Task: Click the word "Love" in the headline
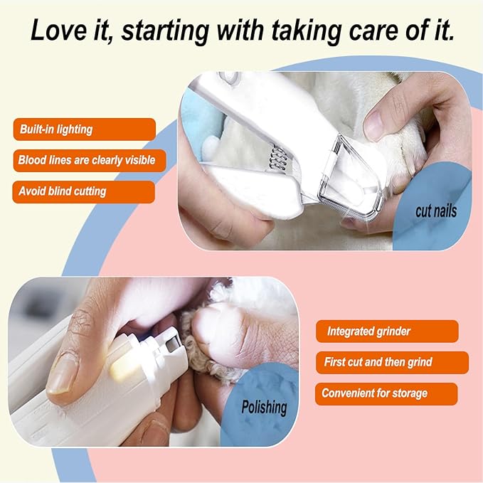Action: coord(59,30)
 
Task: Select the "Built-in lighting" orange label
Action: coord(85,129)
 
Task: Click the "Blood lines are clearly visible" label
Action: coord(90,161)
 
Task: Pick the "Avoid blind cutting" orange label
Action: coord(83,191)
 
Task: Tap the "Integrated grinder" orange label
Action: coord(387,331)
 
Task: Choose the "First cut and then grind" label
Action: coord(392,362)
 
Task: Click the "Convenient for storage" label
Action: coord(386,393)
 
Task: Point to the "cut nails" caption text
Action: coord(436,211)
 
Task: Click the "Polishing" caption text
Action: coord(264,408)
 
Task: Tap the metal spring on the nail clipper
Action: coord(278,159)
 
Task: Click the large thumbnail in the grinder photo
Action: coord(63,375)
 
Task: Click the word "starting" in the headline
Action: coord(166,31)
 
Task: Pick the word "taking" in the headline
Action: coord(307,31)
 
